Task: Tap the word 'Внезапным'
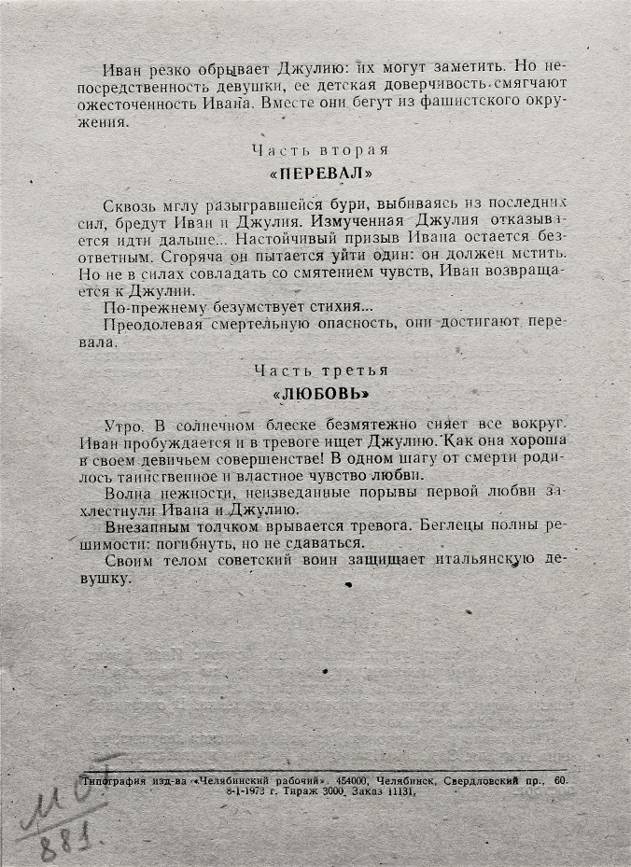tap(147, 526)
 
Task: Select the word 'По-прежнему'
tap(153, 306)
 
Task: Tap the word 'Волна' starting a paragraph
tap(127, 493)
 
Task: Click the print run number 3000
tap(332, 791)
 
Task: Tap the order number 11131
tap(395, 791)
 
